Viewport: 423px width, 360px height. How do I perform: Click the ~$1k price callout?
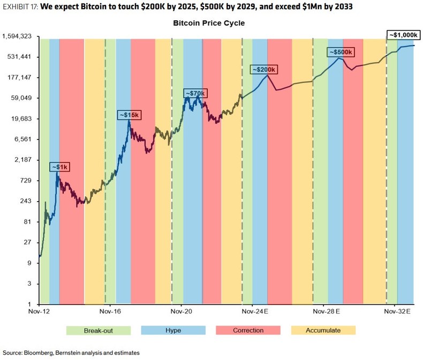click(60, 167)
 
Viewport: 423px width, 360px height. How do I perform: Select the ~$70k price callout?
click(195, 94)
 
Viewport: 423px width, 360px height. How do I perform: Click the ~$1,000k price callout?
click(402, 35)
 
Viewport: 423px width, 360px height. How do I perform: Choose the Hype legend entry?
click(173, 330)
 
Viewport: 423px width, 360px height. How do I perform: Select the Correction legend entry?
click(248, 330)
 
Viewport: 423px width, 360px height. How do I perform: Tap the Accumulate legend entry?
click(323, 330)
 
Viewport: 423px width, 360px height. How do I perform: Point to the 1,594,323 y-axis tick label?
click(19, 36)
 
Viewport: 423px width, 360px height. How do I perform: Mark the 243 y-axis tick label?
click(28, 201)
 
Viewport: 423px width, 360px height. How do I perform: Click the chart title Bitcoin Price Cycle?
click(209, 24)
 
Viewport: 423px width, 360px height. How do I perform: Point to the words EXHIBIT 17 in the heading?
click(21, 8)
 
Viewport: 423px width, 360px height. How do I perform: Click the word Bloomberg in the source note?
click(42, 353)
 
